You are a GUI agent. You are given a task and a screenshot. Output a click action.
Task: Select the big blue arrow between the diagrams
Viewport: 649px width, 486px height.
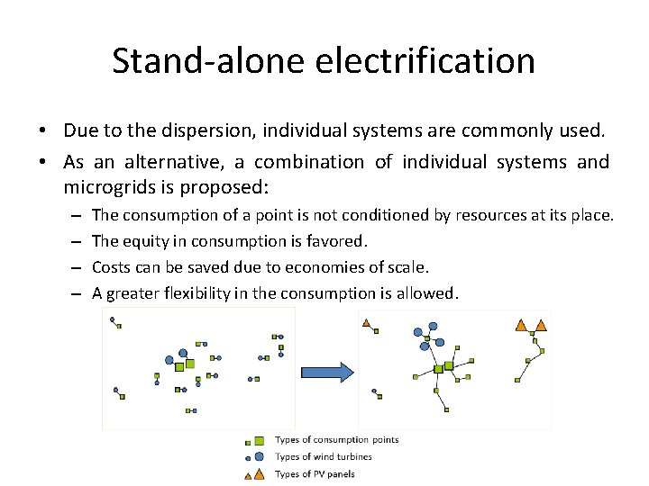click(326, 373)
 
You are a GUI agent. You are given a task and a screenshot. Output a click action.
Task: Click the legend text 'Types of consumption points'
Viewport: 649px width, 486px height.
click(336, 440)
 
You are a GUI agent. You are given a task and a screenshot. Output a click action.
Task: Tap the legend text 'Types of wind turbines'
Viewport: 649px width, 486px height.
click(323, 457)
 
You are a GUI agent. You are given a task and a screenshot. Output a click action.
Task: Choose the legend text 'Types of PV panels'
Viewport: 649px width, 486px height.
click(315, 474)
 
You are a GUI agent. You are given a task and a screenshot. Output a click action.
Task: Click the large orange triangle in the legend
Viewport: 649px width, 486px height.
click(260, 473)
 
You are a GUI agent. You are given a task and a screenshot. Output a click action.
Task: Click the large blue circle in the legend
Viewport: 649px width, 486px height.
click(259, 456)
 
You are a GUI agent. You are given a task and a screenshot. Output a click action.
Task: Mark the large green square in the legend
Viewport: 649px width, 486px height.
click(259, 441)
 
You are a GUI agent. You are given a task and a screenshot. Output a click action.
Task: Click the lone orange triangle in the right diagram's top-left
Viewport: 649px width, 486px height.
click(366, 323)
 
